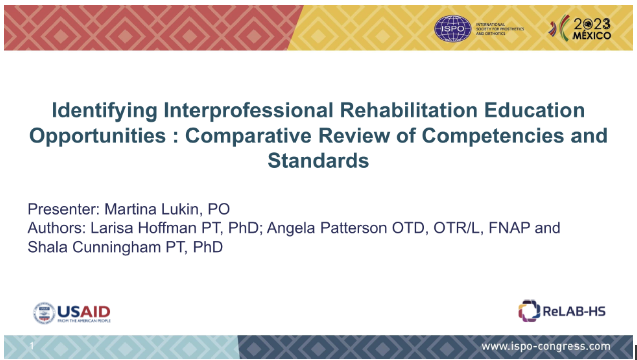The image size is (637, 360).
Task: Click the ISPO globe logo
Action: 453,28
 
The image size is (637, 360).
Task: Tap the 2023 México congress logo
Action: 580,28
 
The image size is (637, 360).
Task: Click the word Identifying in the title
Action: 104,111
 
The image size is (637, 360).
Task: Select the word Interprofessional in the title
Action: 248,111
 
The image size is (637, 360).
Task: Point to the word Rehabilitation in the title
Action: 408,110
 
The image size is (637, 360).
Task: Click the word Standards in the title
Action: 318,160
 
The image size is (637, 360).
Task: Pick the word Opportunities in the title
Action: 98,136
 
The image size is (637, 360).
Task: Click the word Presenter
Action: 63,209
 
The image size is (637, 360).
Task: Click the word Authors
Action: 56,228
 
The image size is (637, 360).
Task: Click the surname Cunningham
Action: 116,247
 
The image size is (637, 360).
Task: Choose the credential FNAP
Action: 509,228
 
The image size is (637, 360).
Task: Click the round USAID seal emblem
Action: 44,313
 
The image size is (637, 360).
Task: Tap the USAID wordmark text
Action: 84,312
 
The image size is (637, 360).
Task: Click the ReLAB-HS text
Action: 574,311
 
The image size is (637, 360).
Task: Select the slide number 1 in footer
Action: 32,346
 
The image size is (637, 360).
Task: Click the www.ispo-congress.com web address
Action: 546,346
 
